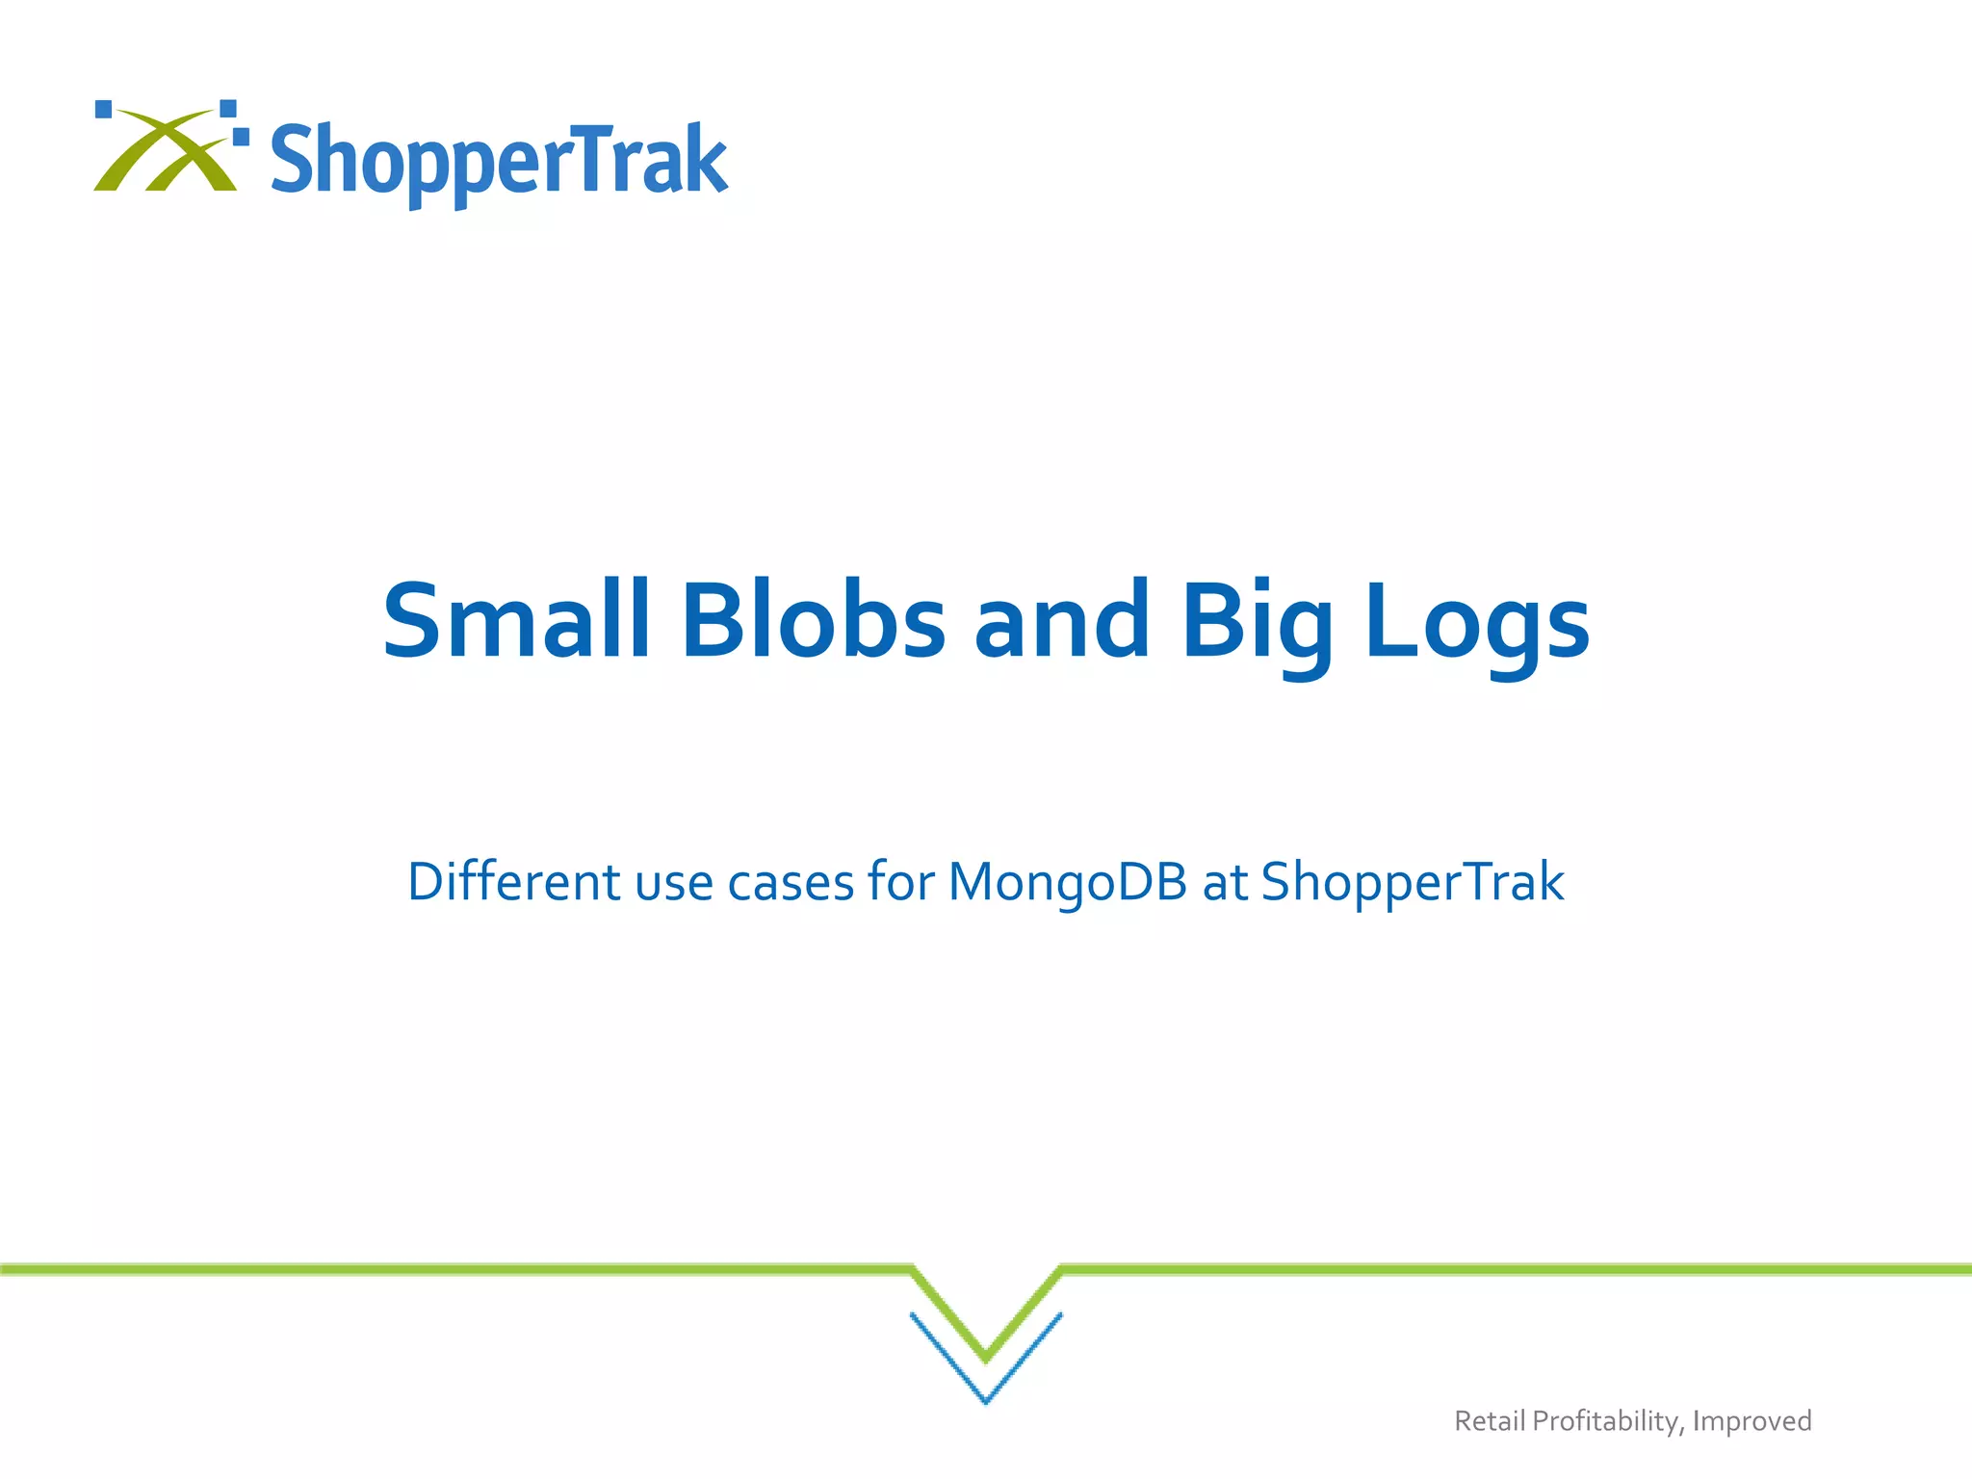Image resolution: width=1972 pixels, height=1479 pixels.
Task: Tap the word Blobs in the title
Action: [x=814, y=621]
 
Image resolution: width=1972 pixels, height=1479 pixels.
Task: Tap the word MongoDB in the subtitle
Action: [x=1067, y=881]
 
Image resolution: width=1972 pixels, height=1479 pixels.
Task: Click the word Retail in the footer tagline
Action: [x=1490, y=1421]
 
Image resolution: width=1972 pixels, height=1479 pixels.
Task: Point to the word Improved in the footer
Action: [x=1751, y=1421]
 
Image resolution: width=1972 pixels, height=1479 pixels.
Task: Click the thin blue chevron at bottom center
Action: [x=986, y=1387]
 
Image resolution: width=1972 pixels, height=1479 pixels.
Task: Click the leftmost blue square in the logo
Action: [x=104, y=109]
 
